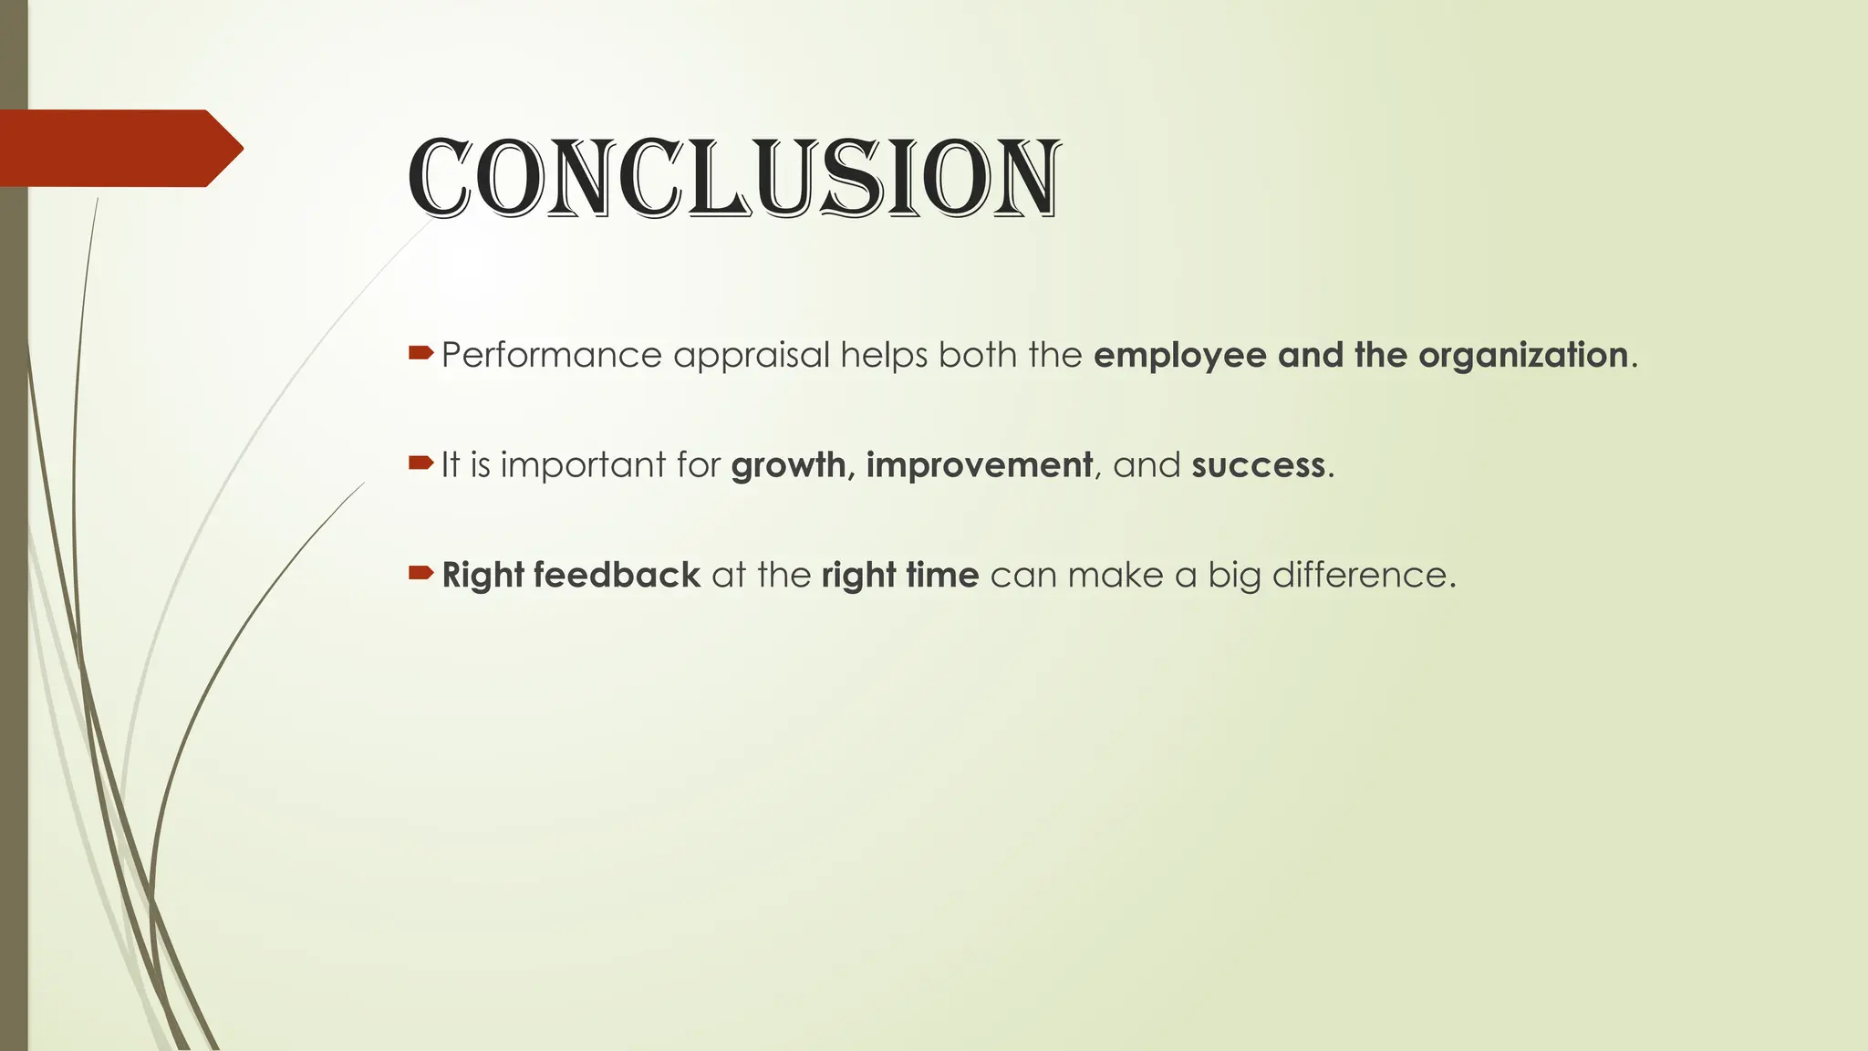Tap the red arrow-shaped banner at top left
pos(119,148)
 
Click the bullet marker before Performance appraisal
pos(420,352)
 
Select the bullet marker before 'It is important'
pos(420,463)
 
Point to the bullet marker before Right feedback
pos(420,573)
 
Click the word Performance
pos(551,355)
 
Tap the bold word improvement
pos(979,466)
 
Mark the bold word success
pos(1258,466)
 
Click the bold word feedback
pos(617,576)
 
